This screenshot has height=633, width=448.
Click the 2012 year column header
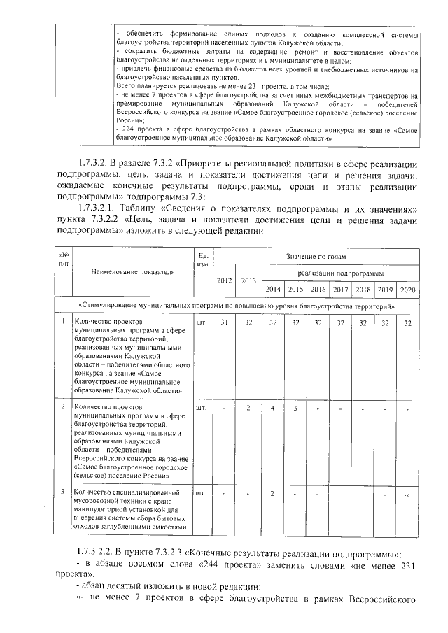tap(225, 280)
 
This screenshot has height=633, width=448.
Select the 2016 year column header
tap(318, 289)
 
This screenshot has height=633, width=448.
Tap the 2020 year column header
tap(407, 289)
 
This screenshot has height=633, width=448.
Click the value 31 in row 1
tap(225, 322)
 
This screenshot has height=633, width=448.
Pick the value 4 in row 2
tap(272, 407)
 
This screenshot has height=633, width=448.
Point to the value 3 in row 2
tap(295, 407)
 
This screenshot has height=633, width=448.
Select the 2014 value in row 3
tap(272, 495)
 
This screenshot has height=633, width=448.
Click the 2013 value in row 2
tap(248, 407)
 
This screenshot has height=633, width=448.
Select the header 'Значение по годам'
tap(314, 257)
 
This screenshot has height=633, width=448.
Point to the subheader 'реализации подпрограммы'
tap(340, 273)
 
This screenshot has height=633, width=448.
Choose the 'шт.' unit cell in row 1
tap(202, 322)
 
